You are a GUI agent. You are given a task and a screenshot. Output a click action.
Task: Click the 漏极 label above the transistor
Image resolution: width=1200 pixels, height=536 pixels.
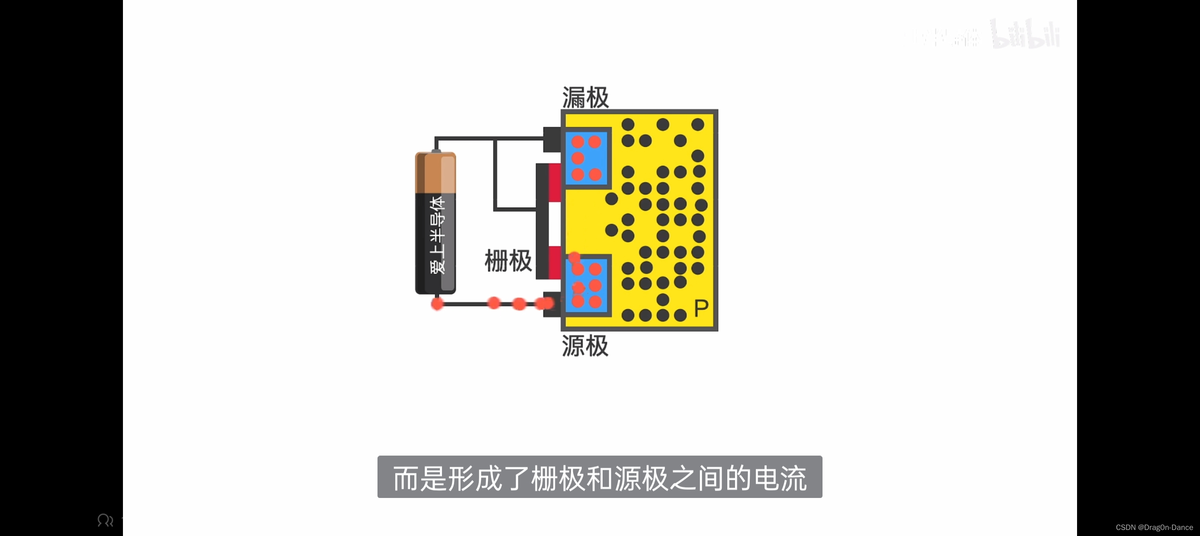pos(586,97)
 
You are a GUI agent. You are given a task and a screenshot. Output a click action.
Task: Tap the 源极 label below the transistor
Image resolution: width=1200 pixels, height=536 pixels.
pos(585,346)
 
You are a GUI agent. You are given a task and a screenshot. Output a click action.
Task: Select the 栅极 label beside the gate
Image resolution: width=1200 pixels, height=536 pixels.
pos(508,261)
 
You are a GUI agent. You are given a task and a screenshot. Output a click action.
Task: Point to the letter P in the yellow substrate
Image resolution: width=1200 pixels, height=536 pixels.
pos(701,309)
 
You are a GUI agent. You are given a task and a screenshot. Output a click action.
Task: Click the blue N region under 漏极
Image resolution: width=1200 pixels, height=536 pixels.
pos(587,158)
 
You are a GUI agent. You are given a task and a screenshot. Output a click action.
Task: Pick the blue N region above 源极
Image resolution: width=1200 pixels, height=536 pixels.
pos(587,286)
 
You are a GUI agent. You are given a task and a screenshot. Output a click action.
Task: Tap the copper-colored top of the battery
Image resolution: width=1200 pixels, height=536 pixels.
pos(435,172)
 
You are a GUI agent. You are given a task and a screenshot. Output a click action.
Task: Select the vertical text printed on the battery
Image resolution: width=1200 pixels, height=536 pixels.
pos(437,236)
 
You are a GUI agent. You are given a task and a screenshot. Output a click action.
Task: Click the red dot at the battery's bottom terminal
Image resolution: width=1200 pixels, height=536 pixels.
pos(437,304)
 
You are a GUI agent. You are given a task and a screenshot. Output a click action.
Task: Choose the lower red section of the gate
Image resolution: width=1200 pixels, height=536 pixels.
pos(555,262)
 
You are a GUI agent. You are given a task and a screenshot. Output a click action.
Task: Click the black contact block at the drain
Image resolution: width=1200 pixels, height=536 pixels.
pos(552,139)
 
